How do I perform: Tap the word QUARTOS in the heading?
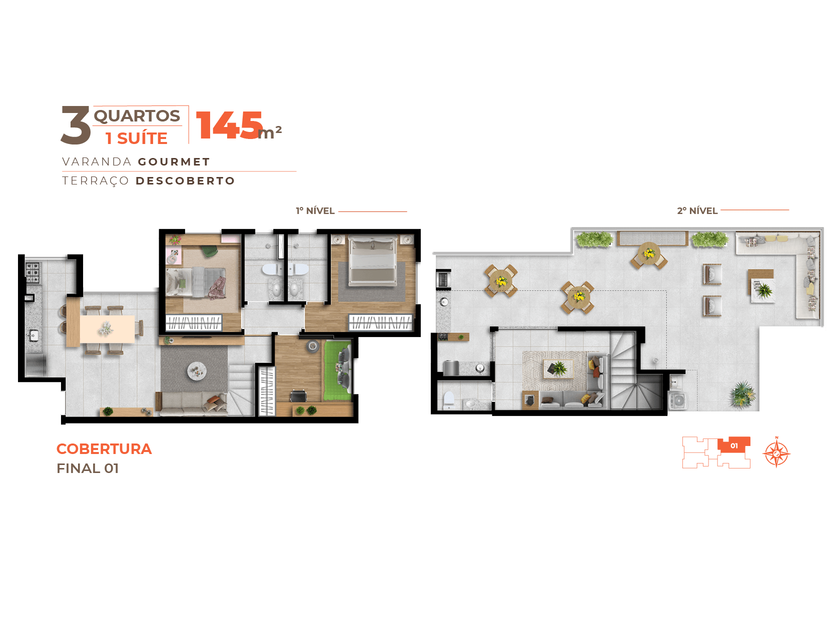137,116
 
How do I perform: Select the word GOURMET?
173,161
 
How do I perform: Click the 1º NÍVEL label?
315,210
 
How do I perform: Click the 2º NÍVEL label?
697,210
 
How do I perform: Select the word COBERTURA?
104,448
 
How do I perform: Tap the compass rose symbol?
776,452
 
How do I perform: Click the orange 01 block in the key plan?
733,444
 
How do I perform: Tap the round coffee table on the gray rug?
197,369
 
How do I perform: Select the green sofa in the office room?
337,370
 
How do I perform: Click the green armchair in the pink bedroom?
209,250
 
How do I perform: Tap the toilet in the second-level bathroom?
448,399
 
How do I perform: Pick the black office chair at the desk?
298,395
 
